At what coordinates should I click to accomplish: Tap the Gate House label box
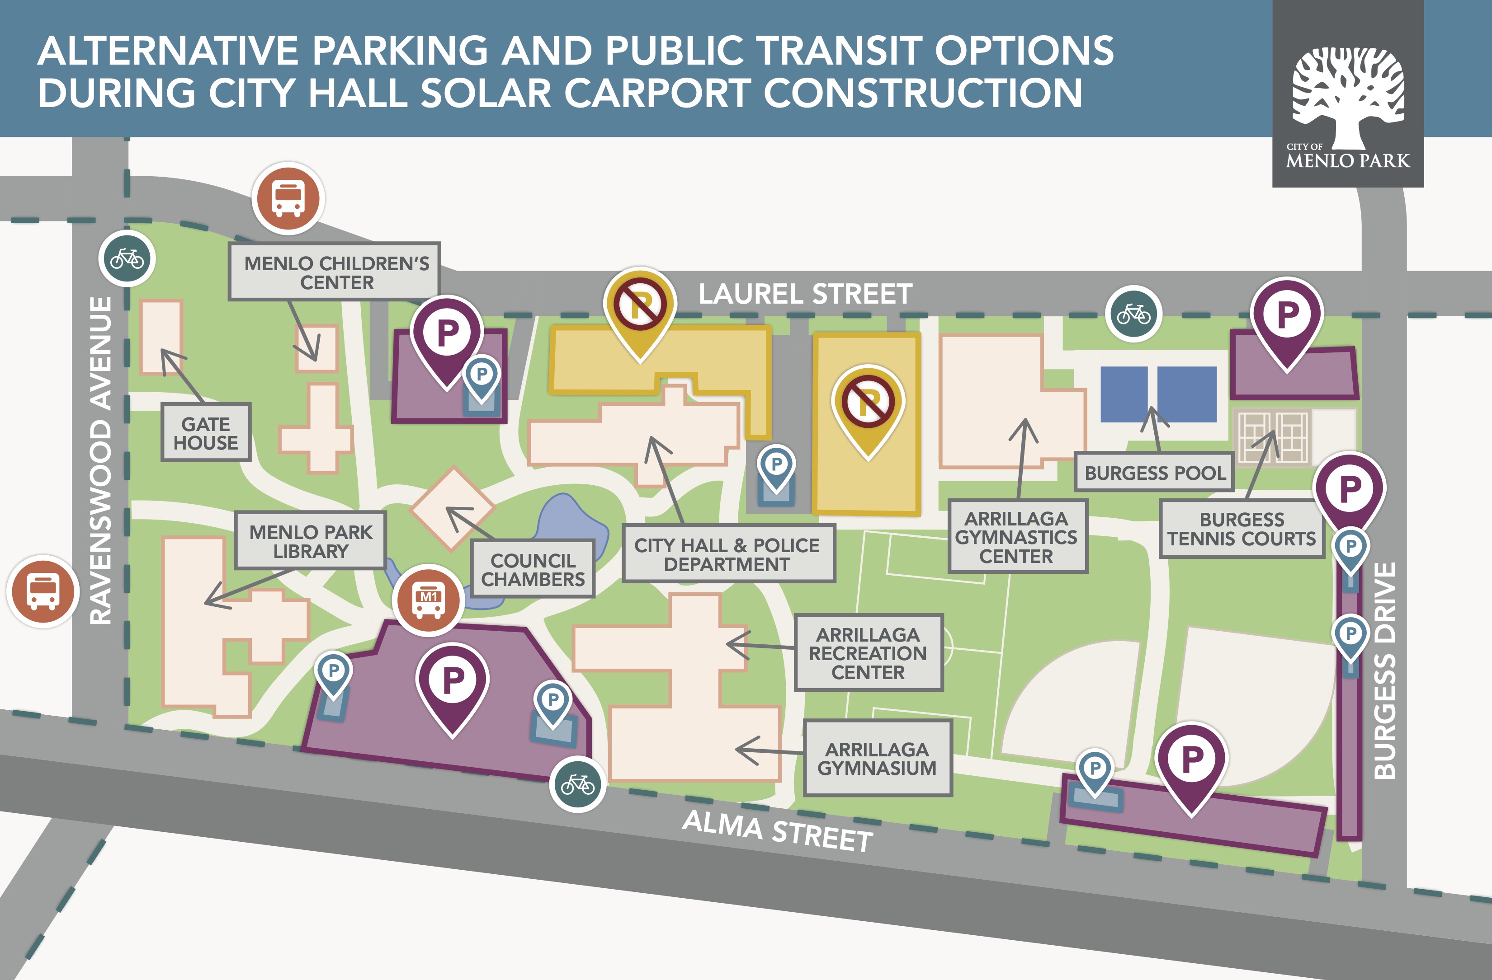pos(206,433)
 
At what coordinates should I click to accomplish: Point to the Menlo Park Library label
pos(310,541)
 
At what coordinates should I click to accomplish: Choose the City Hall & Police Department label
pos(727,554)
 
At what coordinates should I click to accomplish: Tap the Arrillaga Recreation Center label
pos(868,653)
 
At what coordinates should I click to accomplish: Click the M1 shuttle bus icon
pos(429,600)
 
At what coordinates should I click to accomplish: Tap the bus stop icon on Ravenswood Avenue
pos(44,591)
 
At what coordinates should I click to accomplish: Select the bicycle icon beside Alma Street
pos(577,783)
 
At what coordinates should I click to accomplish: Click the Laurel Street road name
pos(805,294)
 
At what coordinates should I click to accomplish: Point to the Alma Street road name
pos(777,831)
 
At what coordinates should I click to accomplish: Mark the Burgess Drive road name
pos(1384,671)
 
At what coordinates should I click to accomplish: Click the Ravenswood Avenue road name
pos(100,460)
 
